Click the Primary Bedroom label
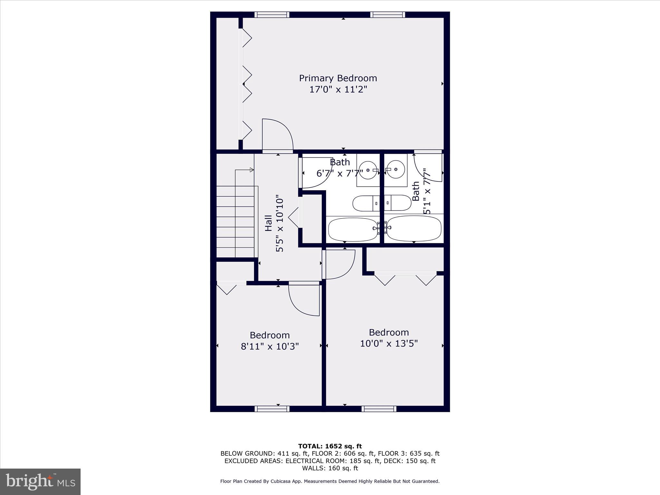[338, 78]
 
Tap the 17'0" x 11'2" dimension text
[338, 89]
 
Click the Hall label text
[268, 223]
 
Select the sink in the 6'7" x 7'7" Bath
[368, 170]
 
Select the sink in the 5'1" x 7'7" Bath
[396, 169]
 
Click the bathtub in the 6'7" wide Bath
[353, 229]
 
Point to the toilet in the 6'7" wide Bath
[366, 203]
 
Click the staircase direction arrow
[252, 170]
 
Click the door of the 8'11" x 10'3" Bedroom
[304, 300]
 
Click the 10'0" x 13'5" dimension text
[389, 344]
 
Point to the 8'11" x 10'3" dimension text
[270, 346]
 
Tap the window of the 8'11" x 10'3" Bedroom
[272, 409]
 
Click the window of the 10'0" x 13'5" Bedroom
[379, 409]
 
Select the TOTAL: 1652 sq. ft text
[330, 446]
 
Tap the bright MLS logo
[40, 481]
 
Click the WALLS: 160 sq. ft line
[330, 468]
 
